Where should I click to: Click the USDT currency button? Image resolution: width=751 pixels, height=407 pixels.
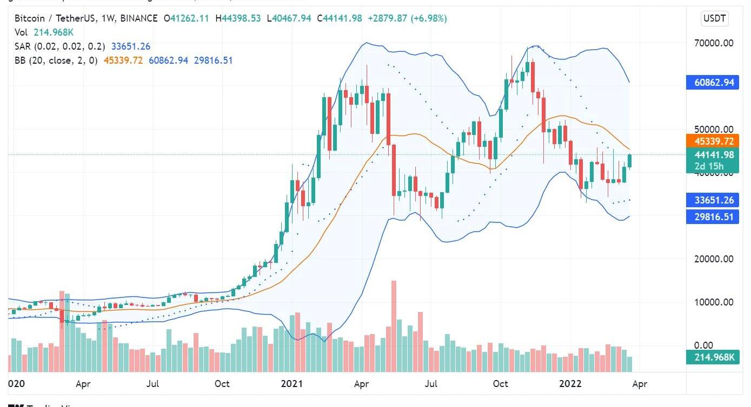pyautogui.click(x=715, y=19)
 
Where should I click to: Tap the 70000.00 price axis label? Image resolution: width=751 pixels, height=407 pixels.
pyautogui.click(x=714, y=43)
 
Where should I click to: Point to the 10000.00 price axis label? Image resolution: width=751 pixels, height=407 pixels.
pyautogui.click(x=714, y=302)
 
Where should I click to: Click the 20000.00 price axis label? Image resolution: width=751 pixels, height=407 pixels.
pyautogui.click(x=714, y=259)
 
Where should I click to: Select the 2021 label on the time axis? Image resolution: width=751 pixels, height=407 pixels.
pyautogui.click(x=291, y=384)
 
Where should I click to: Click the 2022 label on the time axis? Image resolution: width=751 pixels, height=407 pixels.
pyautogui.click(x=570, y=384)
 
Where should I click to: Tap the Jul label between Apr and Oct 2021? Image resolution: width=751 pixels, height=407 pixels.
pyautogui.click(x=431, y=384)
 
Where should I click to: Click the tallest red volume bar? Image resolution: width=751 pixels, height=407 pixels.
pyautogui.click(x=394, y=326)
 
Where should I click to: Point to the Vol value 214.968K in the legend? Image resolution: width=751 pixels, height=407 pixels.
pyautogui.click(x=54, y=32)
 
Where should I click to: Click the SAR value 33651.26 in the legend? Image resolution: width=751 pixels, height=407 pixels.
pyautogui.click(x=130, y=46)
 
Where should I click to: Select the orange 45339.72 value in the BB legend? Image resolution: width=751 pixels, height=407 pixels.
pyautogui.click(x=123, y=60)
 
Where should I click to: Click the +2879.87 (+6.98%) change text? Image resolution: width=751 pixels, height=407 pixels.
pyautogui.click(x=407, y=18)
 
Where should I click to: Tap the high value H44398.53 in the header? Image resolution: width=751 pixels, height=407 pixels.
pyautogui.click(x=238, y=18)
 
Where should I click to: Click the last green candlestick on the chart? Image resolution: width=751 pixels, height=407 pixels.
pyautogui.click(x=630, y=161)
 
